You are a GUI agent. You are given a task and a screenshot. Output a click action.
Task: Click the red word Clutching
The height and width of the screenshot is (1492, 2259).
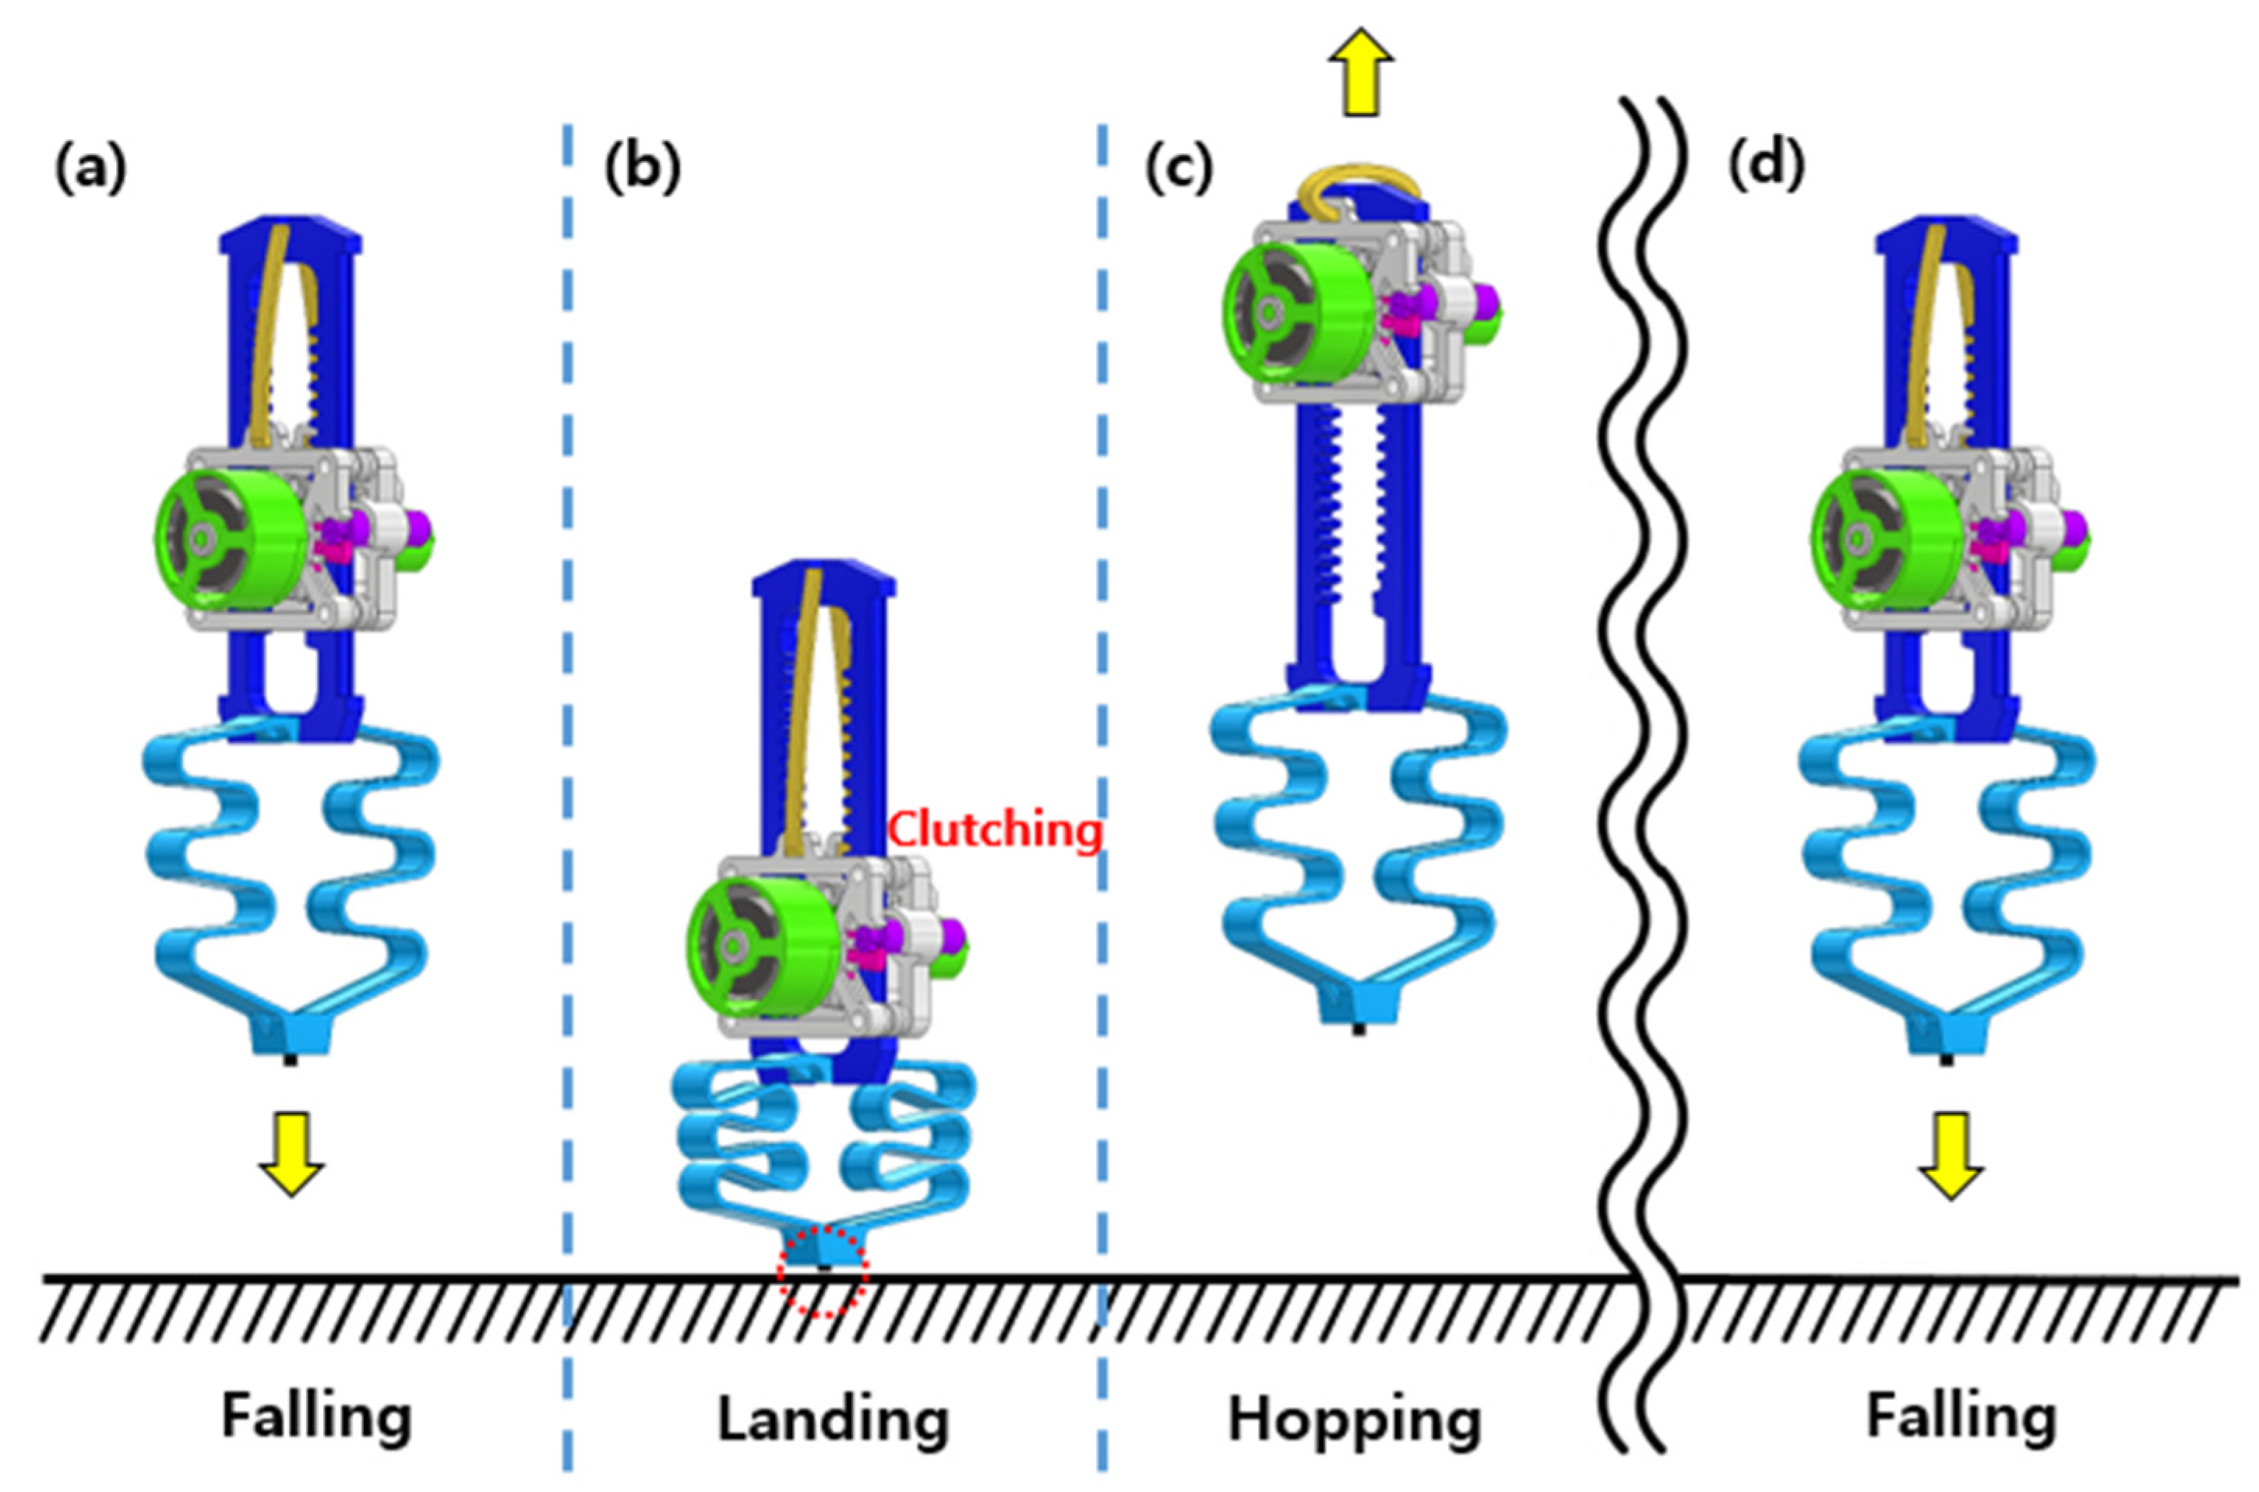coord(996,831)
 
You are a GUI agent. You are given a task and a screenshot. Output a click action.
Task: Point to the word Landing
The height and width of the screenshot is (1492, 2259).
coord(833,1420)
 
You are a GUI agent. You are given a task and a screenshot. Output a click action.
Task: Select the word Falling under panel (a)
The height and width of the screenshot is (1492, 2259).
coord(317,1416)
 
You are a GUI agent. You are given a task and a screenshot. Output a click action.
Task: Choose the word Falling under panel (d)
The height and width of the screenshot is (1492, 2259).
coord(1961,1416)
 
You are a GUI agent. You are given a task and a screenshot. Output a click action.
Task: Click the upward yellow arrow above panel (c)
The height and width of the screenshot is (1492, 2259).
coord(1361,72)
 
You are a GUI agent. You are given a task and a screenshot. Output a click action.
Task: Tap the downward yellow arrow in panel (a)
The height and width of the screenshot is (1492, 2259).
coord(291,1153)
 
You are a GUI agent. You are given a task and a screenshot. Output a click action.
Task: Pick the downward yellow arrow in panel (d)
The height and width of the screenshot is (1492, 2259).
coord(1951,1155)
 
